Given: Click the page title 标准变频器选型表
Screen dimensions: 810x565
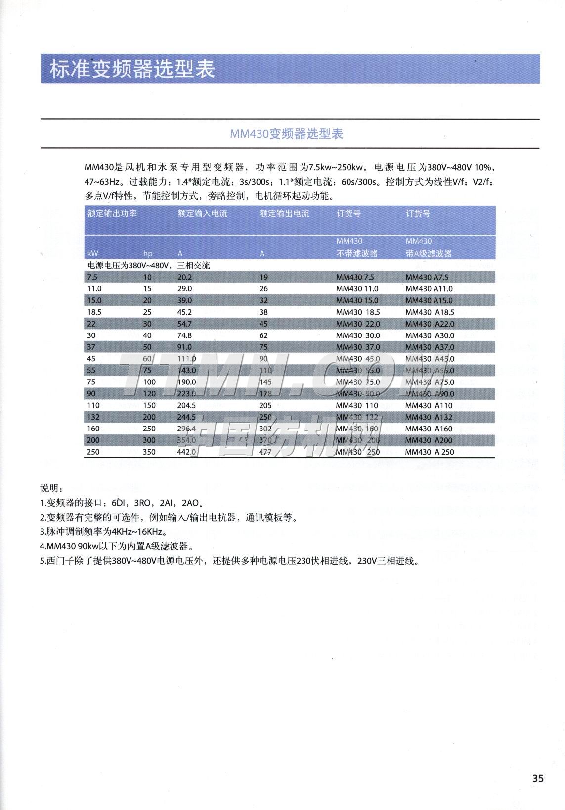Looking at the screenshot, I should click(x=132, y=70).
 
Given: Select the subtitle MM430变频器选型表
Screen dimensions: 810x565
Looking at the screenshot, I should click(x=287, y=134).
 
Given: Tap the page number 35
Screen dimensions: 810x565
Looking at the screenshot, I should click(x=538, y=778).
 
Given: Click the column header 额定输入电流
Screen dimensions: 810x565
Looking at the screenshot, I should click(x=202, y=214).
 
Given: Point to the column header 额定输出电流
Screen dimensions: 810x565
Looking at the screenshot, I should click(x=284, y=214).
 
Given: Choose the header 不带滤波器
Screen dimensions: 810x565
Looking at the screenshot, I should click(x=357, y=253).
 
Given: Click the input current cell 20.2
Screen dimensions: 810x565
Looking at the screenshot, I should click(x=184, y=277).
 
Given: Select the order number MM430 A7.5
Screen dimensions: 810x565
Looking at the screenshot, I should click(x=427, y=277).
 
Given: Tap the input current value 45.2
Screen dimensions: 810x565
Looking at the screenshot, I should click(x=184, y=312).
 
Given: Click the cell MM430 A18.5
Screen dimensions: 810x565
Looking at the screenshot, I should click(x=430, y=312).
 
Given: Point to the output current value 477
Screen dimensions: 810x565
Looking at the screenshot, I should click(x=265, y=452).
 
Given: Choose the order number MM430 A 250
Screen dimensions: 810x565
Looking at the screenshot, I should click(x=429, y=452).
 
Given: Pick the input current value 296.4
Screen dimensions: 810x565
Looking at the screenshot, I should click(x=186, y=429).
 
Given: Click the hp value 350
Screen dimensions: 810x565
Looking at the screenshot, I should click(x=149, y=452).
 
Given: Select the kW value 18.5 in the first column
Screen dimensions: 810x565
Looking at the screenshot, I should click(x=94, y=312).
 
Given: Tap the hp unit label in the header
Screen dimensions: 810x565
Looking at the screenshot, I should click(x=148, y=253).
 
